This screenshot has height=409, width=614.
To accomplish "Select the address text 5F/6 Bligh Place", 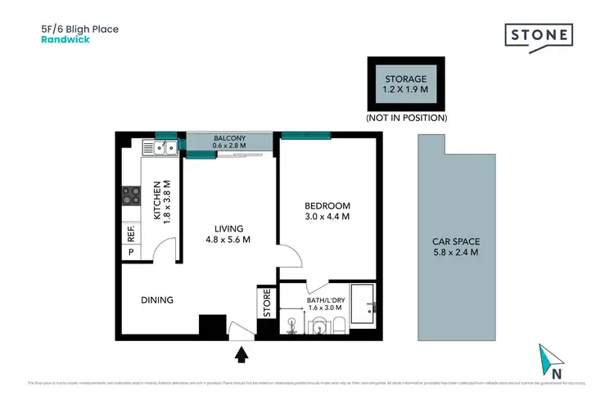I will point(79,29).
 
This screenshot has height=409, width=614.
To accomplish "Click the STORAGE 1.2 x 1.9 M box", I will point(406,84).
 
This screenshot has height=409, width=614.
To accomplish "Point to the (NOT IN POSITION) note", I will point(406,118).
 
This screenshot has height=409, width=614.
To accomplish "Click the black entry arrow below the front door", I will point(242,354).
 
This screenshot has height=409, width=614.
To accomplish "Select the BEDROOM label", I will point(327,205).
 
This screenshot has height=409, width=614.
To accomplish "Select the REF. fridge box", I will point(131,233).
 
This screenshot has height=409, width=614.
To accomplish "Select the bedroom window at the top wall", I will point(305,135).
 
